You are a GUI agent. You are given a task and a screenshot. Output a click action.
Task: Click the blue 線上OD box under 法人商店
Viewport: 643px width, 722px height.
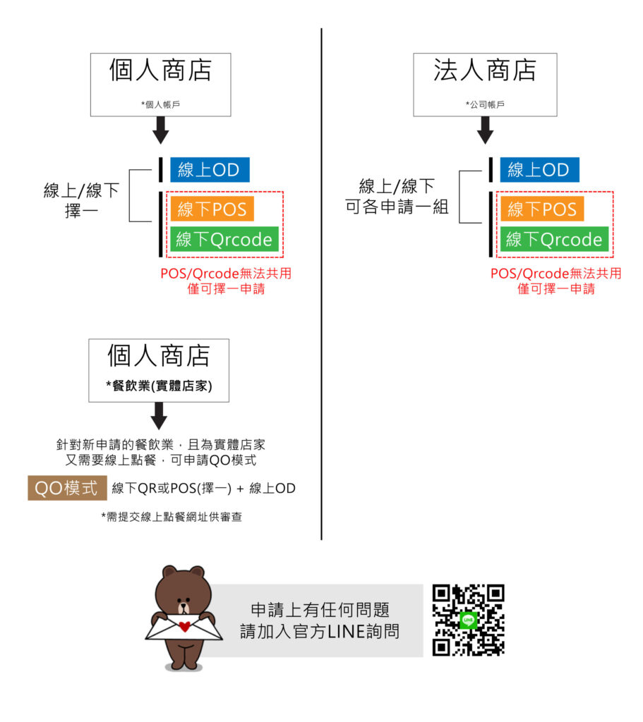[539, 170]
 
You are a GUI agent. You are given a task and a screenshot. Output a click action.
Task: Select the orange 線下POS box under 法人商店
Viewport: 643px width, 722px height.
[542, 209]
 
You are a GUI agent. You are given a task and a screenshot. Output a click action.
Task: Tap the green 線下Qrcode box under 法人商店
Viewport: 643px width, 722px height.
[555, 240]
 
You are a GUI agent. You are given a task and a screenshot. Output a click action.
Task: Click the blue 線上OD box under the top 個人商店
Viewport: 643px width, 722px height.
[209, 170]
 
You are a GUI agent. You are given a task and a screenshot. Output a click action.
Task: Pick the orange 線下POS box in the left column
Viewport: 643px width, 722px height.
[211, 209]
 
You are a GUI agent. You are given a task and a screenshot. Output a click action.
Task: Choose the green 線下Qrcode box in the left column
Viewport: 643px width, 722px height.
[224, 240]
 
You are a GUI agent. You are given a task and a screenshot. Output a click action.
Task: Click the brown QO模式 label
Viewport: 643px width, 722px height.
[67, 489]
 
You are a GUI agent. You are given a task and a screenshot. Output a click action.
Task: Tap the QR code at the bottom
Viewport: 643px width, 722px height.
[468, 620]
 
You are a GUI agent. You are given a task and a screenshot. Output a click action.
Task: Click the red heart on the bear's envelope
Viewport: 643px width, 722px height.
[184, 625]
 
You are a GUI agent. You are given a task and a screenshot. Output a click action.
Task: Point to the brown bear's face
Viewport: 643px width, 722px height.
[183, 596]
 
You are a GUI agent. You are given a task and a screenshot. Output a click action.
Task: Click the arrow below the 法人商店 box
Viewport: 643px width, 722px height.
[484, 130]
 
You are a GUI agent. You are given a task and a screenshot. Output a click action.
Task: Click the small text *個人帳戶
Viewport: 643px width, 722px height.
[161, 104]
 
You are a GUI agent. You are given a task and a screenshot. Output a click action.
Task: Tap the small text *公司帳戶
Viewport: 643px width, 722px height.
[485, 104]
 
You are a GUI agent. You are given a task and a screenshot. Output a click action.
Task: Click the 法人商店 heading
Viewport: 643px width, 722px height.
[485, 71]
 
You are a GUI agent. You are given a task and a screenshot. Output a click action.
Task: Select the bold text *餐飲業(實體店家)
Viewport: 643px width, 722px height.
[159, 386]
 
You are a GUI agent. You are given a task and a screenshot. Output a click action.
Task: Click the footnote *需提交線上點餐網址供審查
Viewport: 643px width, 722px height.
[172, 517]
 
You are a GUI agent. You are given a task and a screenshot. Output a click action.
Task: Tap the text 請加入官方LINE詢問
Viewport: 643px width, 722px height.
[320, 631]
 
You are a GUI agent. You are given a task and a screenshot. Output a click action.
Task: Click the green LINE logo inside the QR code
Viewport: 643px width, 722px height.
[467, 620]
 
